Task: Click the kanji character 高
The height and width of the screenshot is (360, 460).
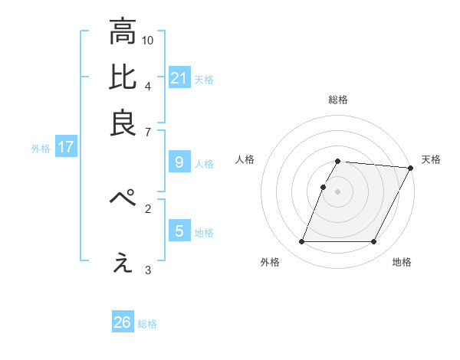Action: pyautogui.click(x=123, y=33)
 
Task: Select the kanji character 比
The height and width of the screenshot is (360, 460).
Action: pyautogui.click(x=123, y=77)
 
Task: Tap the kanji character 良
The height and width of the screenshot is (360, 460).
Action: pyautogui.click(x=123, y=123)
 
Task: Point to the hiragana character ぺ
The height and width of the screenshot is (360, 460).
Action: pyautogui.click(x=123, y=198)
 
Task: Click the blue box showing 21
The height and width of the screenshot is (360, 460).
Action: pyautogui.click(x=179, y=77)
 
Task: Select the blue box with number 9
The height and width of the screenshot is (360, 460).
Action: pyautogui.click(x=179, y=162)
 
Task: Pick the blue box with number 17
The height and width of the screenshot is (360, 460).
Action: pyautogui.click(x=66, y=147)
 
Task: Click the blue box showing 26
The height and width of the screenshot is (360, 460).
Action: pyautogui.click(x=123, y=322)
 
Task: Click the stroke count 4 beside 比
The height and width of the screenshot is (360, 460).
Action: pyautogui.click(x=147, y=85)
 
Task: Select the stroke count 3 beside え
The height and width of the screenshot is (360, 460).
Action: pyautogui.click(x=147, y=270)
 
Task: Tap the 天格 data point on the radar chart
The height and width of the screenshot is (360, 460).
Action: pyautogui.click(x=410, y=168)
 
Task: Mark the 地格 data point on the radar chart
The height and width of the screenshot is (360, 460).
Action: pyautogui.click(x=374, y=242)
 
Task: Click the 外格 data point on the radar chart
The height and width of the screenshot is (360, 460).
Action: pyautogui.click(x=301, y=242)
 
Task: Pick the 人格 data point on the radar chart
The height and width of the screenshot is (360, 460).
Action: pyautogui.click(x=324, y=187)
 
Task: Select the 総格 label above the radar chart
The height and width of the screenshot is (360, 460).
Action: pyautogui.click(x=338, y=100)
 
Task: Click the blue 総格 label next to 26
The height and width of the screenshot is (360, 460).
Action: pyautogui.click(x=147, y=324)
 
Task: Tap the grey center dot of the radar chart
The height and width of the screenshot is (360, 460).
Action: pyautogui.click(x=338, y=191)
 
